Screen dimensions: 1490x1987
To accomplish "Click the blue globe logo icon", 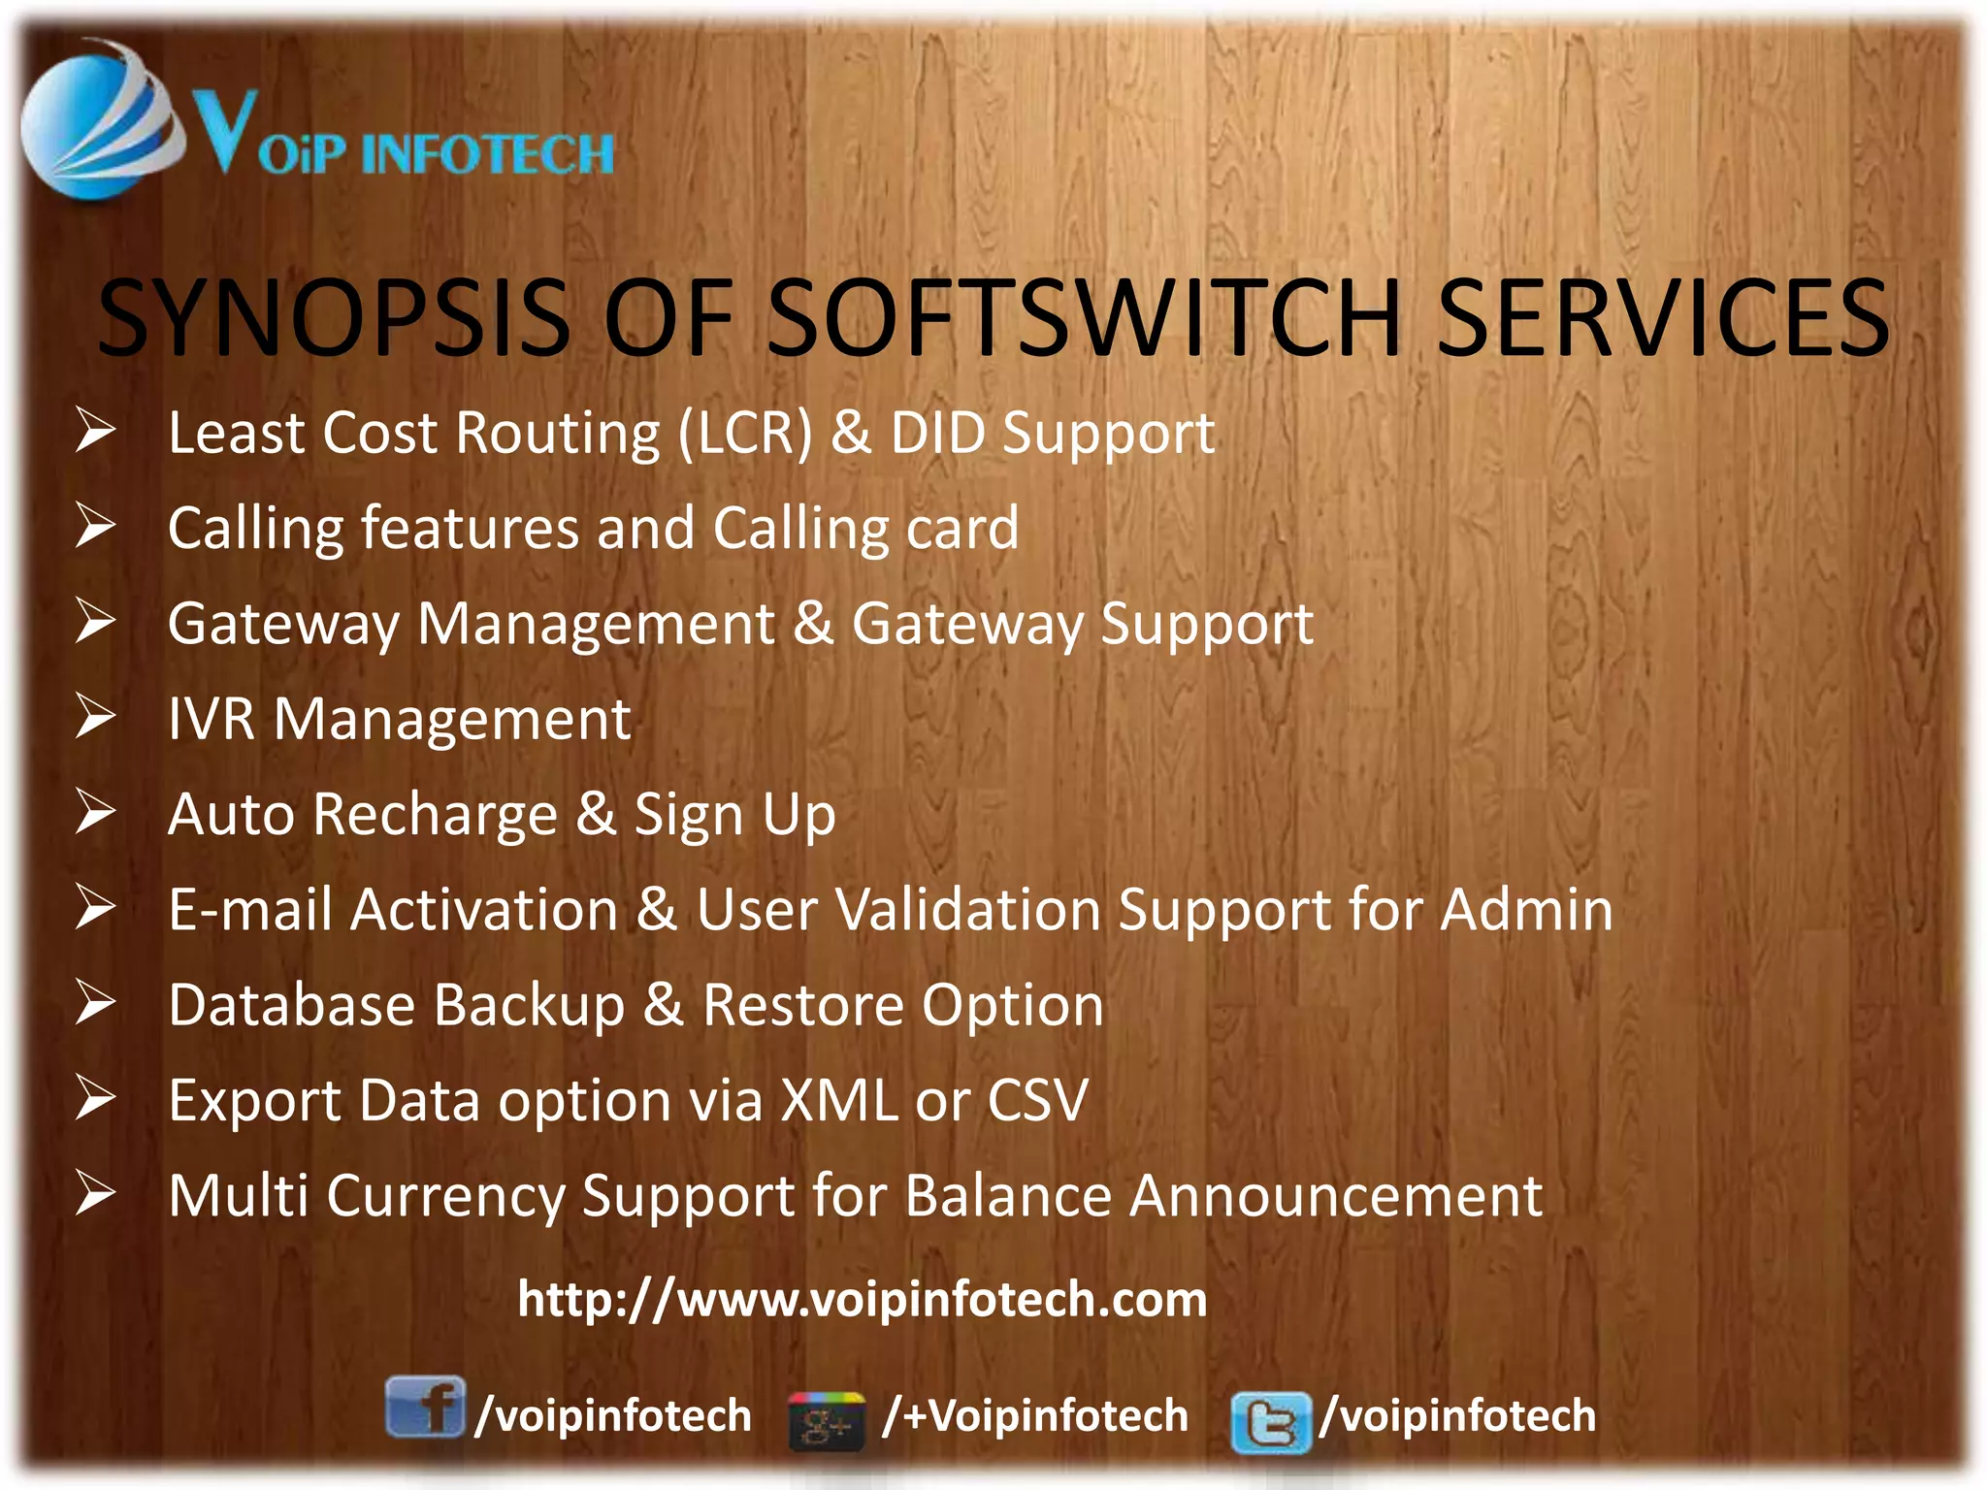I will [x=97, y=121].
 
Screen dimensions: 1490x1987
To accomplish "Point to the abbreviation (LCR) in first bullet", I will [x=744, y=433].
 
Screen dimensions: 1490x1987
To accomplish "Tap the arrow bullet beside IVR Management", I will [x=96, y=717].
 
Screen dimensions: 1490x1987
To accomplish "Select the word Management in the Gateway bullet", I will [x=596, y=623].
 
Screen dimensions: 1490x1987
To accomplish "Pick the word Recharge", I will [x=436, y=814].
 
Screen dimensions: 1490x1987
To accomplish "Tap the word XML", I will [x=839, y=1100].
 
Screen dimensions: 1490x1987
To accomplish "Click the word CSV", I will [x=1037, y=1100].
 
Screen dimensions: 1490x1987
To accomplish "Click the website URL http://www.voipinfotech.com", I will [x=862, y=1299].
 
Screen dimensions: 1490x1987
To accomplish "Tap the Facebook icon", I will [x=424, y=1407].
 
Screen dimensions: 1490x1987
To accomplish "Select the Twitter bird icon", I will [x=1270, y=1422].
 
